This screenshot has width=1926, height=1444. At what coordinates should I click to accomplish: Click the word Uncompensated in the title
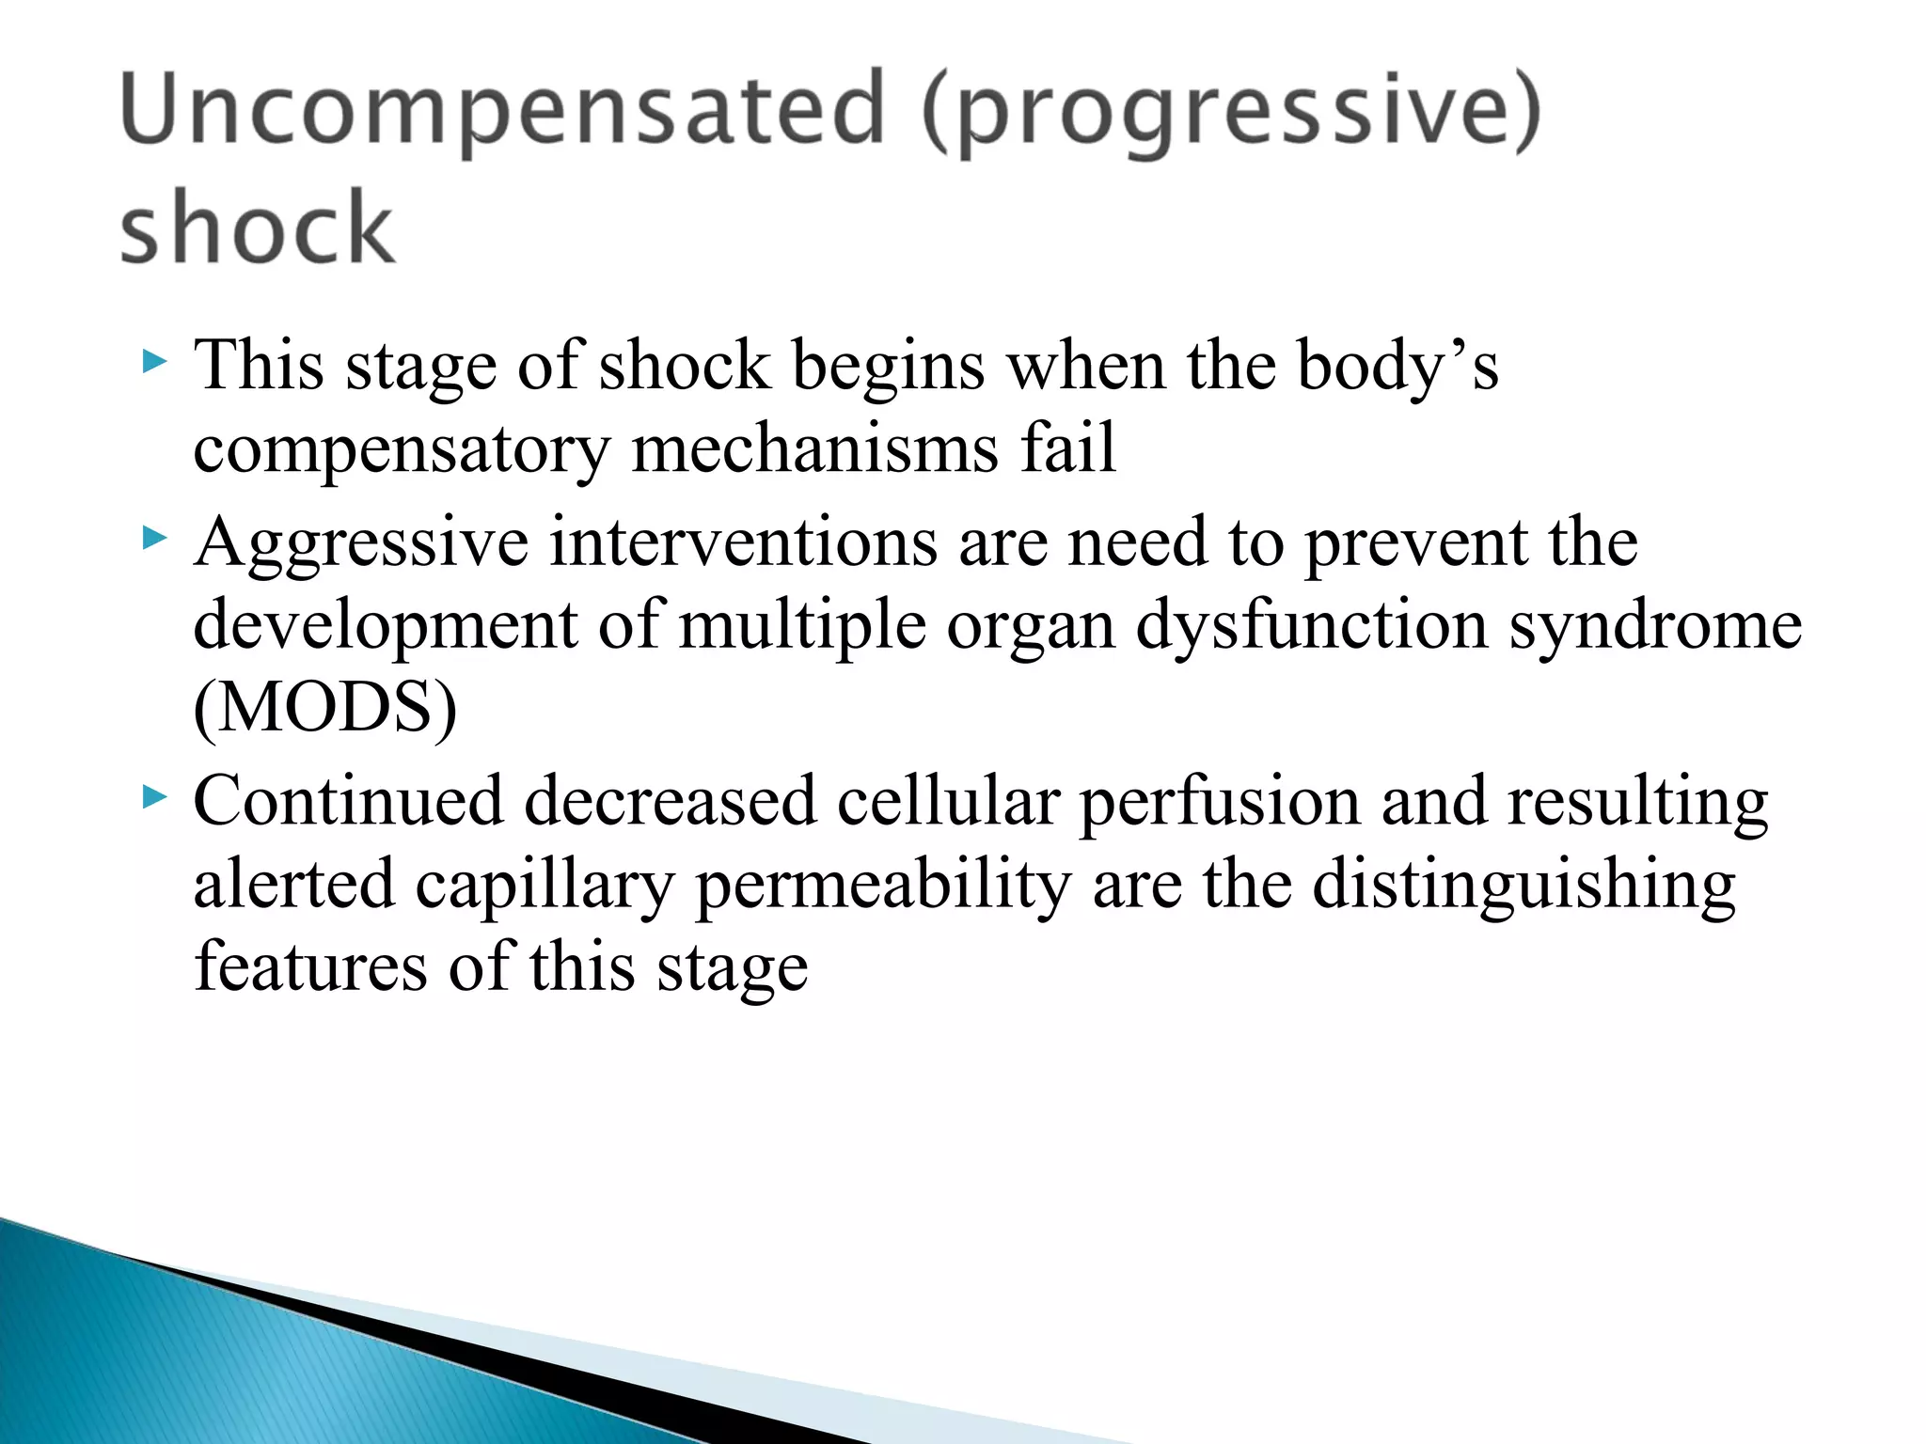[x=503, y=111]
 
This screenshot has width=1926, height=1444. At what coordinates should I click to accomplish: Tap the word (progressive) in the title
[x=1232, y=111]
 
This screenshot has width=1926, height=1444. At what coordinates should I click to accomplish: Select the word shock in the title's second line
[x=257, y=228]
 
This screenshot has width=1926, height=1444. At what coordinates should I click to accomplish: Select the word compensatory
[x=402, y=450]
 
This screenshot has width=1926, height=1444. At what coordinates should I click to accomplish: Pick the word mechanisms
[x=814, y=448]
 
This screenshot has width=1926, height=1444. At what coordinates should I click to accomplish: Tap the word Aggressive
[x=361, y=543]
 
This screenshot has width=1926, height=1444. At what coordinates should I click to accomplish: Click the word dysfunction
[x=1312, y=626]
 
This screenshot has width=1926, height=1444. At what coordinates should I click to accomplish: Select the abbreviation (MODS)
[x=325, y=709]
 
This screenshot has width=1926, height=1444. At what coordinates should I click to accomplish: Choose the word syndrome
[x=1656, y=626]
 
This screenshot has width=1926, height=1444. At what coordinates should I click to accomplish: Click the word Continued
[x=348, y=801]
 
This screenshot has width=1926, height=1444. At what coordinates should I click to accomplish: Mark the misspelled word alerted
[x=294, y=885]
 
